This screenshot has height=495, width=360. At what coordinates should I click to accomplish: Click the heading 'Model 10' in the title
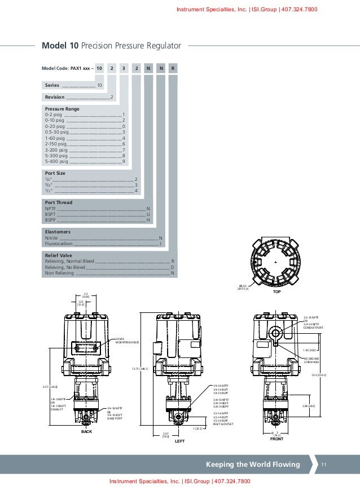click(x=58, y=45)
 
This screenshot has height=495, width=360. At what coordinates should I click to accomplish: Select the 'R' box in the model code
click(x=173, y=68)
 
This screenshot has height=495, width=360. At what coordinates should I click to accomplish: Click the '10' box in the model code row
click(x=99, y=68)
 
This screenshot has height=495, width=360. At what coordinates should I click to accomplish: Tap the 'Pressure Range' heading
click(x=62, y=108)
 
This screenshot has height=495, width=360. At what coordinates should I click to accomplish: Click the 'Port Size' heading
click(x=55, y=173)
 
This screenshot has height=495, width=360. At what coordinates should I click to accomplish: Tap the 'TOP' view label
click(x=276, y=293)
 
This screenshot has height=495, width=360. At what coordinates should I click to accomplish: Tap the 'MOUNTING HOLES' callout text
click(x=127, y=342)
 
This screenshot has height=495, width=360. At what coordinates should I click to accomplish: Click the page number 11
click(x=324, y=465)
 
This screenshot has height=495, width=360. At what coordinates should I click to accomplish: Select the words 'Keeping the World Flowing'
click(x=253, y=465)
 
